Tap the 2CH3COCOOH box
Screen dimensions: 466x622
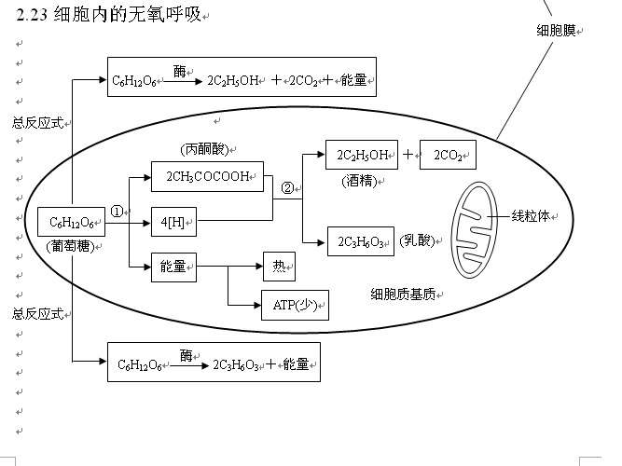(x=207, y=177)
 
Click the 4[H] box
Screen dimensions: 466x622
(x=173, y=222)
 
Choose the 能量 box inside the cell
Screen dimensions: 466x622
(x=173, y=267)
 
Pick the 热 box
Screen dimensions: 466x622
(x=279, y=267)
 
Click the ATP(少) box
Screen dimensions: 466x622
(x=295, y=305)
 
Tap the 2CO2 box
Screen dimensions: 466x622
(x=448, y=155)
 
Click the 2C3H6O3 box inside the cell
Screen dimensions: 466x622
(x=360, y=241)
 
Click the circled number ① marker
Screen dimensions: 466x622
(x=117, y=211)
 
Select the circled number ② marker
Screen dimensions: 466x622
(x=287, y=187)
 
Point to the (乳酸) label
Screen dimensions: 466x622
(x=417, y=240)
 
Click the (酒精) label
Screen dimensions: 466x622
(x=359, y=180)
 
